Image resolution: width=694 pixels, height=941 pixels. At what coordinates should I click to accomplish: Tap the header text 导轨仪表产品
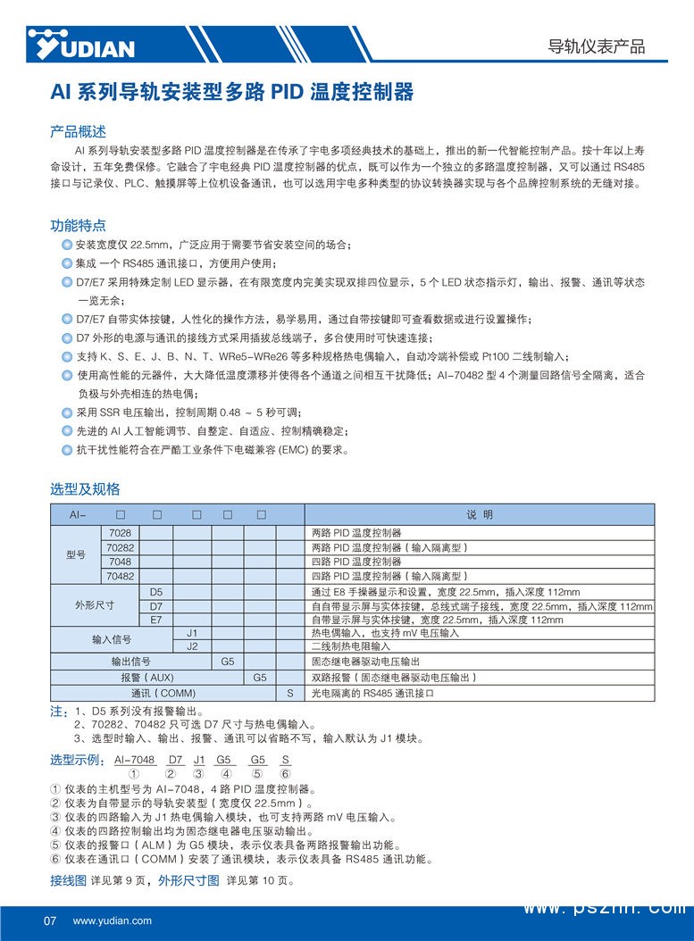[x=596, y=46]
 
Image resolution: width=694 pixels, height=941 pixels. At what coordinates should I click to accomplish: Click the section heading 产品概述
[x=78, y=131]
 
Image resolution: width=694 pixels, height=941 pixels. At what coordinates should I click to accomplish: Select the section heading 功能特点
[x=78, y=225]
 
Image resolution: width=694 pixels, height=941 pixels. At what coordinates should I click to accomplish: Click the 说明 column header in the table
[x=479, y=516]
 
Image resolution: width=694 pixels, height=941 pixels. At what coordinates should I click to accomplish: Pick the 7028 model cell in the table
[x=119, y=532]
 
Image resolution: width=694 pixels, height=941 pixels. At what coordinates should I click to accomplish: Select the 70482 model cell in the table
[x=120, y=576]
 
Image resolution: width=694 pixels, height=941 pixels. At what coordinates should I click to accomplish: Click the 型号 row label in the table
[x=76, y=554]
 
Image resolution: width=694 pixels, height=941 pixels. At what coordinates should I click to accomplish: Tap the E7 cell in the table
[x=156, y=619]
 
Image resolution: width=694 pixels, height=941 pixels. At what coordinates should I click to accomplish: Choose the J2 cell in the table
[x=191, y=645]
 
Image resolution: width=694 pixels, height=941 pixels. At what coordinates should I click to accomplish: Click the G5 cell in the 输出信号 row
[x=227, y=662]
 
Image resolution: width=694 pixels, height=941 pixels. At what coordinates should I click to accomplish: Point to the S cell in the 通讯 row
[x=289, y=693]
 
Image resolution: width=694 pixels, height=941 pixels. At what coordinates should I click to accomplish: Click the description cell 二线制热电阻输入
[x=350, y=646]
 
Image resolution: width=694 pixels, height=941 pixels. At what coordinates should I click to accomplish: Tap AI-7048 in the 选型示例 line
[x=134, y=760]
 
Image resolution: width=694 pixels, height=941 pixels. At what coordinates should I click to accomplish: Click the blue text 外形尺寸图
[x=188, y=881]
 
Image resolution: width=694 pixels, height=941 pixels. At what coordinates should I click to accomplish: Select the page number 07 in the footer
[x=50, y=920]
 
